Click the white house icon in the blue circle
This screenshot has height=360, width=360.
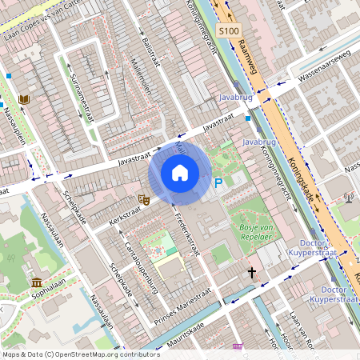click(x=180, y=173)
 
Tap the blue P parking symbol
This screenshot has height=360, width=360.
click(x=218, y=183)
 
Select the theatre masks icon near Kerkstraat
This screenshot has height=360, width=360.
click(x=144, y=198)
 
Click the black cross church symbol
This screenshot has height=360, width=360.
click(x=251, y=273)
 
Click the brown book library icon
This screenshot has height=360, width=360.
click(x=24, y=99)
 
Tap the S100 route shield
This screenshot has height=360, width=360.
click(x=228, y=30)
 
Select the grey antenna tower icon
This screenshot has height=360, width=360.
click(x=348, y=197)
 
